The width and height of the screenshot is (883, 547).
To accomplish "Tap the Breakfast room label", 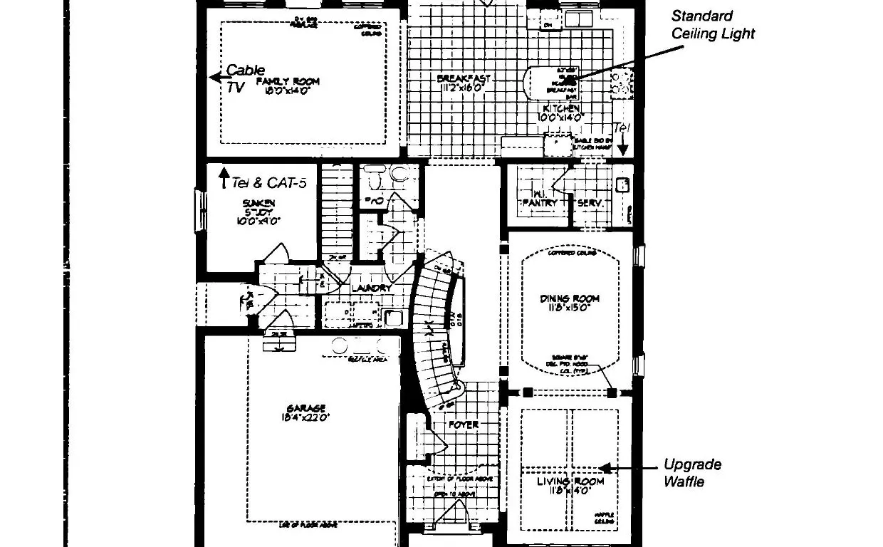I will [464, 78].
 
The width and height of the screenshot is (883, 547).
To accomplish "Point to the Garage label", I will [306, 409].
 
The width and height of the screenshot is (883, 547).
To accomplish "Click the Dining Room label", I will [569, 298].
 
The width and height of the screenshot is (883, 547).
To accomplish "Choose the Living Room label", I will [570, 481].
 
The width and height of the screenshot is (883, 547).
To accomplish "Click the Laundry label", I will [371, 288].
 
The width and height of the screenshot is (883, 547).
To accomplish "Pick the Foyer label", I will [463, 425].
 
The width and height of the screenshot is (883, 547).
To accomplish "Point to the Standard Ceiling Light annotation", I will [712, 24].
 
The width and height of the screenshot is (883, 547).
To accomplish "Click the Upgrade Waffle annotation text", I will [691, 473].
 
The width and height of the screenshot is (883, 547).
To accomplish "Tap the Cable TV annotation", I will [242, 78].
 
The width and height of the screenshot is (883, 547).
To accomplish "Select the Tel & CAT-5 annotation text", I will [268, 183].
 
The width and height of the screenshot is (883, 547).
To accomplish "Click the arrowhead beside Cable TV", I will [214, 78].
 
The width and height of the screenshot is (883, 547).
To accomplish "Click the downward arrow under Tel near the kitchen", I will [623, 148].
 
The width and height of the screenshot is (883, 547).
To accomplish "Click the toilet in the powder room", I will [396, 174].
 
